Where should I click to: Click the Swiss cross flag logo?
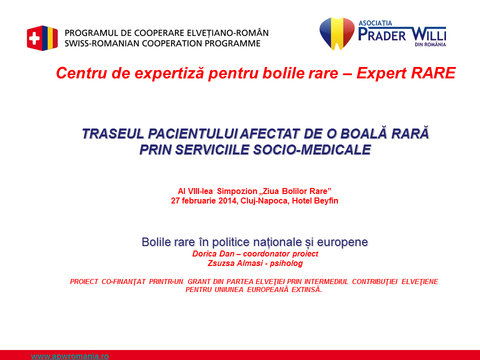pos(42,38)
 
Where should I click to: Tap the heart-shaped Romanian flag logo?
pos(336,33)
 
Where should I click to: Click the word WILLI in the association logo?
pos(428,34)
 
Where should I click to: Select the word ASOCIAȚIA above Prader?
pos(375,23)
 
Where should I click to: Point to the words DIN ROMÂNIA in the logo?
pos(430,44)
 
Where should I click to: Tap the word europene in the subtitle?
pos(342,242)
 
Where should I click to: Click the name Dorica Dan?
pos(213,254)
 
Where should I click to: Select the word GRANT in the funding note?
pos(198,281)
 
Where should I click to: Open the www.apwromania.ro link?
pos(70,356)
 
